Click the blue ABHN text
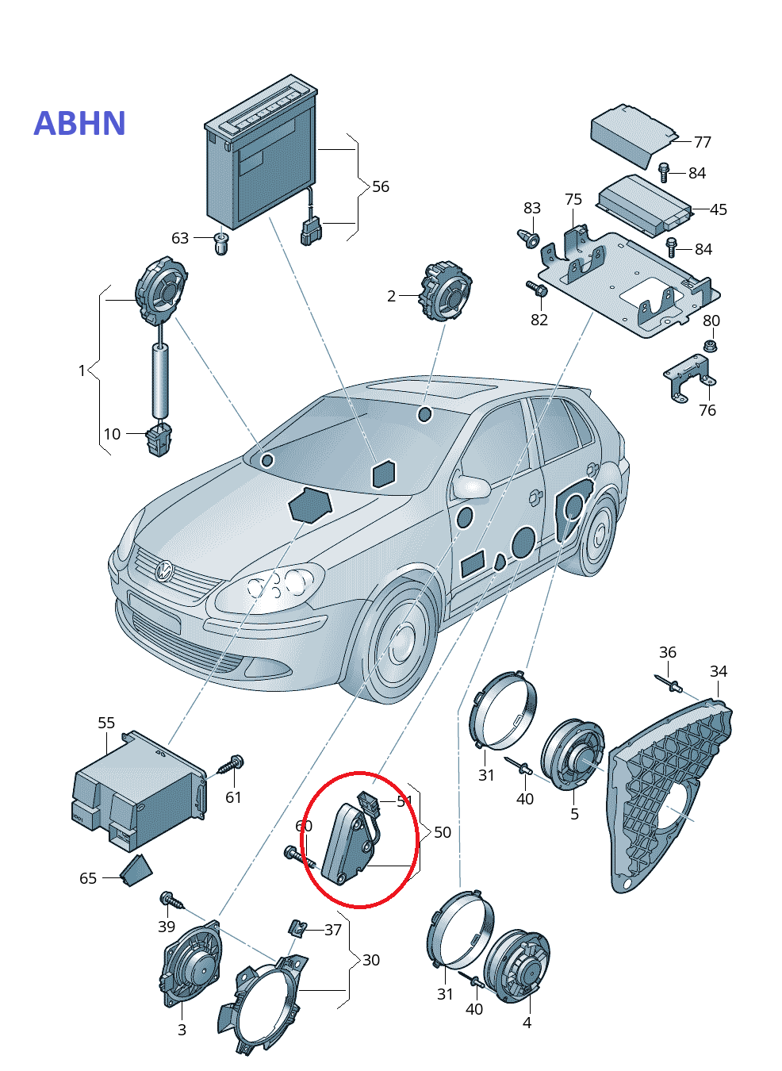(79, 124)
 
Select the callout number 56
(381, 186)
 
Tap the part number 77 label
(703, 142)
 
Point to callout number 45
(719, 209)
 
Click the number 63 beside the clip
(180, 238)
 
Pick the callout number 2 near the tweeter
(391, 296)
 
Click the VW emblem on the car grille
(165, 570)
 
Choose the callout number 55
(106, 723)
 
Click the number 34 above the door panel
(719, 671)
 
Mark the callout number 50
(443, 832)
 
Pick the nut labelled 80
(711, 346)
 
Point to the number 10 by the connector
(112, 434)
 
